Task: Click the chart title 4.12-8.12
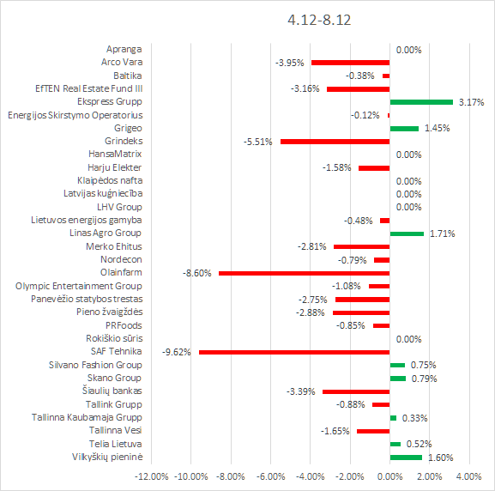coord(319,20)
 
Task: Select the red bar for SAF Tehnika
coord(294,352)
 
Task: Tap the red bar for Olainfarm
coord(305,273)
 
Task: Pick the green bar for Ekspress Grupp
coord(421,102)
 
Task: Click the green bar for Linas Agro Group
coord(407,233)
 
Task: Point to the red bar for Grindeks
coord(335,142)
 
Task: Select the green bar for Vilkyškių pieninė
coord(406,458)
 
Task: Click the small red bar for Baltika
coord(386,76)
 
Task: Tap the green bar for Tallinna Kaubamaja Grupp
coord(393,418)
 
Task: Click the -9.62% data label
coord(177,352)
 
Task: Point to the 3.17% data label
coord(471,102)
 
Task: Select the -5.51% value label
coord(258,142)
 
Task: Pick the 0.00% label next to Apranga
coord(409,50)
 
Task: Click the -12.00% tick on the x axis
coord(152,476)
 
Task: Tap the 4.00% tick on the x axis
coord(468,476)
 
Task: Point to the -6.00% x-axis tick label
coord(270,476)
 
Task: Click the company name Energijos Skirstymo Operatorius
coord(75,115)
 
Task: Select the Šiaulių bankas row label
coord(112,391)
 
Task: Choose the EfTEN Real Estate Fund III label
coord(88,88)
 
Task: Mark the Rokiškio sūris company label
coord(114,339)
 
